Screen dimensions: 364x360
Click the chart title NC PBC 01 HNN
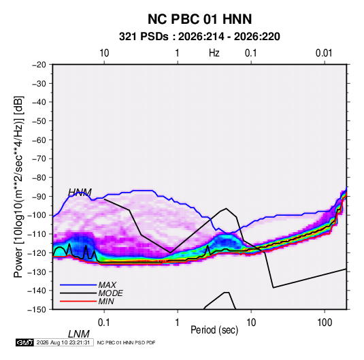[199, 19]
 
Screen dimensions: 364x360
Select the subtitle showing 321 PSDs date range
[199, 37]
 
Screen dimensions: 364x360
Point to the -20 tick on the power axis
[39, 65]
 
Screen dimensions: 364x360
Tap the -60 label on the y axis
[39, 140]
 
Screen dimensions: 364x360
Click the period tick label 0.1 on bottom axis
[104, 323]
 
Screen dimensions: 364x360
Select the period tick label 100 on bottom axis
[325, 323]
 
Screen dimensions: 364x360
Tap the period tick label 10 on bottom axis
[251, 323]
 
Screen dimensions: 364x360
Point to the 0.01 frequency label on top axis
[324, 53]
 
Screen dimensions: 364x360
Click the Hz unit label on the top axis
[214, 53]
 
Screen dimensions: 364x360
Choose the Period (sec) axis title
[214, 330]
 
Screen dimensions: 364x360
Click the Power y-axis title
[18, 187]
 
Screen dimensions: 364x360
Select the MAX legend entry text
[107, 285]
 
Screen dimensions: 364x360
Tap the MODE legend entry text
[110, 293]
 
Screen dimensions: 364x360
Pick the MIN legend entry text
[106, 301]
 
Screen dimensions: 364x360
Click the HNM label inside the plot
[80, 193]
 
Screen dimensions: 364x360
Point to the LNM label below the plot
[79, 334]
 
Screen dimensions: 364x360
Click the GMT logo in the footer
[24, 342]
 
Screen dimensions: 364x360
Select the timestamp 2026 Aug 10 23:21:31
[63, 342]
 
